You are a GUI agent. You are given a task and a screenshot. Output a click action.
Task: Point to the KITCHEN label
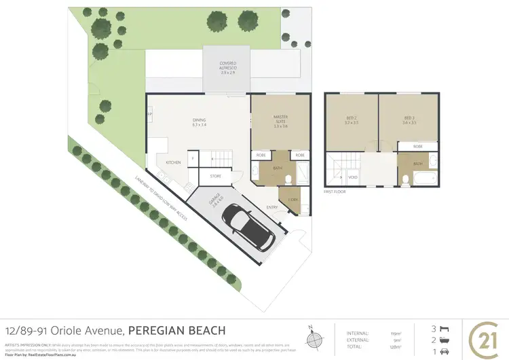click(x=173, y=162)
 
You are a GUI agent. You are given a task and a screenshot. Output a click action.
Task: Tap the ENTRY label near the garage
click(x=271, y=207)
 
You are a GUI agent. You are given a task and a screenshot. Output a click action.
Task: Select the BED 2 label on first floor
click(x=351, y=120)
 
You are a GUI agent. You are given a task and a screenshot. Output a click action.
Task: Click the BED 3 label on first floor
click(x=409, y=120)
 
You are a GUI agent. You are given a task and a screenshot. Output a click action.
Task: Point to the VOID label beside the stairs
click(x=353, y=177)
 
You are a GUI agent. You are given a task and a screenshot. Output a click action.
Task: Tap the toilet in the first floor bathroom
click(x=405, y=180)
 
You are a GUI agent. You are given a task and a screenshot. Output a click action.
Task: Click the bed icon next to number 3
click(x=445, y=327)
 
